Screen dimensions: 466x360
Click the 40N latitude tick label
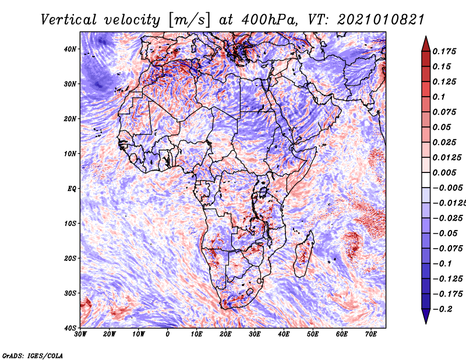click(70, 49)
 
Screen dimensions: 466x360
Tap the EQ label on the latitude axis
click(72, 189)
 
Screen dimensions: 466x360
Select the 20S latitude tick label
click(70, 258)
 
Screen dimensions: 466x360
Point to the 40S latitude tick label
click(70, 328)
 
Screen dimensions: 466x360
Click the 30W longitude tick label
click(80, 334)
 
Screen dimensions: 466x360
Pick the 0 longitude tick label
click(168, 334)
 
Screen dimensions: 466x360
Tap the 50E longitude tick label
click(313, 334)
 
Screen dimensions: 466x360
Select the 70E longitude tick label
click(371, 334)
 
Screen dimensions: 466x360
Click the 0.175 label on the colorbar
click(444, 51)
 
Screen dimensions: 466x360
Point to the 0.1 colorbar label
click(439, 97)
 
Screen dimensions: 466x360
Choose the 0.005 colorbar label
click(444, 172)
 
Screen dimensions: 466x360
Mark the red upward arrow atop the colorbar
click(426, 44)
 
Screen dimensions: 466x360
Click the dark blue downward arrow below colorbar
click(426, 316)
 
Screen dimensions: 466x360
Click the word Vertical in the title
click(69, 20)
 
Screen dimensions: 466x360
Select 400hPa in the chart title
click(269, 20)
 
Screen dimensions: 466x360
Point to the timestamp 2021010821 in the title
click(380, 20)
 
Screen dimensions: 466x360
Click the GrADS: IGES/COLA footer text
click(33, 355)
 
